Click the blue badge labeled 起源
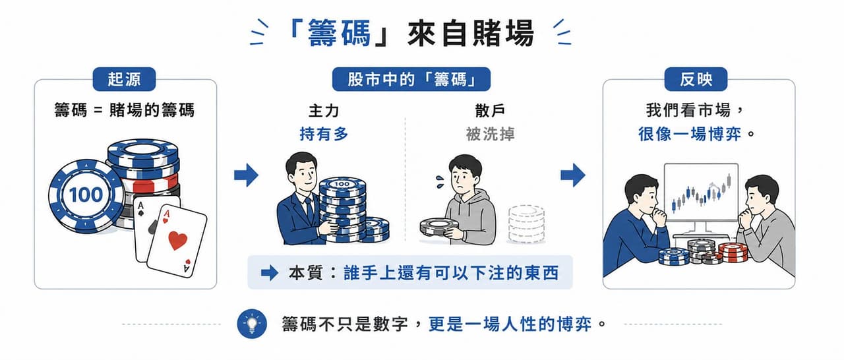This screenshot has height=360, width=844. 124,79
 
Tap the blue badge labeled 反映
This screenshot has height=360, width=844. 696,79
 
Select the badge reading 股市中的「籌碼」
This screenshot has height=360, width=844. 411,79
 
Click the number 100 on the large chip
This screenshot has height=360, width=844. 86,195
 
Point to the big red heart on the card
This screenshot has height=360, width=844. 177,240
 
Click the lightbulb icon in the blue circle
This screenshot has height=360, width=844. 252,324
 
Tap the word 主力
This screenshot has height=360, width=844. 324,111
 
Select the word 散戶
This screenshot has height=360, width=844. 490,111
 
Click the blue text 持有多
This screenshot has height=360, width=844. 324,134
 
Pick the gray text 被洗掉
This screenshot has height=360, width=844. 490,134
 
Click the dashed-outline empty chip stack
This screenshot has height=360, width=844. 526,224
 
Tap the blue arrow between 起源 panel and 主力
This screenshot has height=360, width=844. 246,175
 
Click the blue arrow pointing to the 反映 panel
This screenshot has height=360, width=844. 573,175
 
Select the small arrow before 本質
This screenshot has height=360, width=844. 270,273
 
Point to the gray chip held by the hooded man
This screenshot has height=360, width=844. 439,228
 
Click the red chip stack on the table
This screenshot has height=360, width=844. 733,253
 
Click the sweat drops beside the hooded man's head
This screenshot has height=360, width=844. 440,181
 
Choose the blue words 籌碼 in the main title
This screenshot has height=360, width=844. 339,33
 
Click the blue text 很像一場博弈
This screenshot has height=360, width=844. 690,134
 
